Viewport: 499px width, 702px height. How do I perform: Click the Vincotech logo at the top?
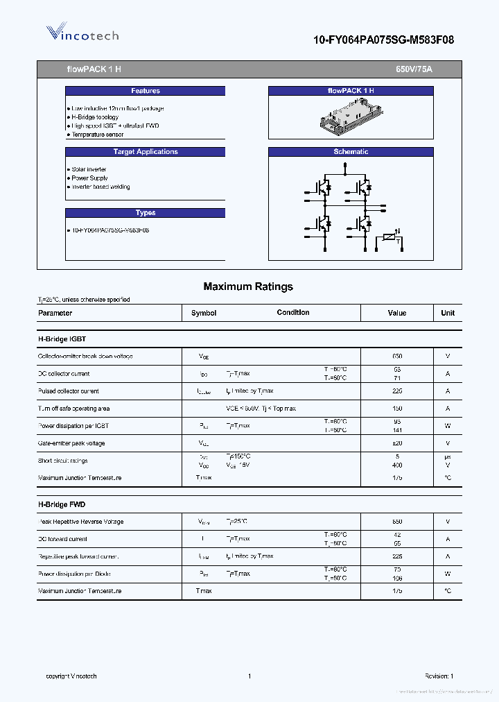tap(82, 34)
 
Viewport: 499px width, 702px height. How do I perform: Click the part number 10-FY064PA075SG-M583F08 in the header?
tap(383, 40)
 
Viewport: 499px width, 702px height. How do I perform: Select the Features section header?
tap(145, 91)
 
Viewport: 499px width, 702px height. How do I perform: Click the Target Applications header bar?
tap(145, 152)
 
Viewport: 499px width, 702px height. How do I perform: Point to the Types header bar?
tap(145, 213)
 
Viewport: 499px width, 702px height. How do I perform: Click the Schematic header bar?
tap(351, 152)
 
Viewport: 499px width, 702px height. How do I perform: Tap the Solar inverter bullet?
tap(89, 169)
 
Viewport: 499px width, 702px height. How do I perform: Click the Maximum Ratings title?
tap(248, 286)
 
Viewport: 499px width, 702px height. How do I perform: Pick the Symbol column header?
tap(204, 313)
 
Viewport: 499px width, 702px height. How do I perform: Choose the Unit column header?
tap(448, 313)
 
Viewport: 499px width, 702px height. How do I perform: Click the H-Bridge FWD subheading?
tap(62, 504)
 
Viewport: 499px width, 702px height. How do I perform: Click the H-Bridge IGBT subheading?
tap(62, 339)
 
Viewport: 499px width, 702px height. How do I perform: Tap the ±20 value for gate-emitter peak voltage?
tap(397, 443)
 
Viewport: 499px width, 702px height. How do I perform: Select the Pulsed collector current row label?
tap(69, 391)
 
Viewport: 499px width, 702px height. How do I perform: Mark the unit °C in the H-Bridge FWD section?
tap(448, 591)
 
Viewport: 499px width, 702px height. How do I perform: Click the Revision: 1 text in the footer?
tap(439, 676)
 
